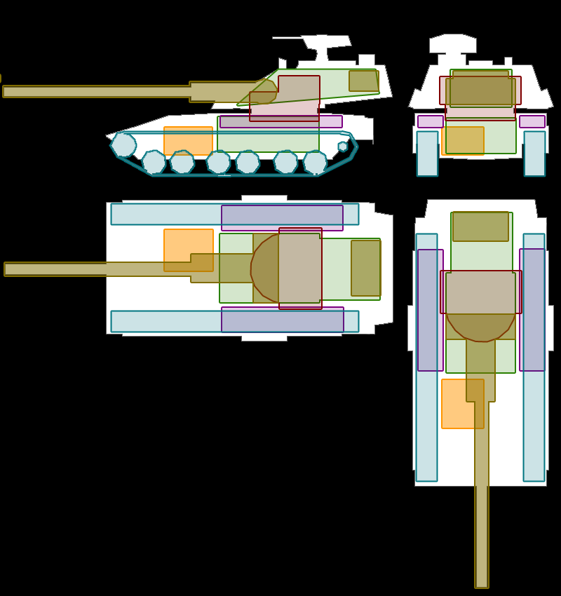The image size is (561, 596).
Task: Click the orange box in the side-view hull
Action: point(188,140)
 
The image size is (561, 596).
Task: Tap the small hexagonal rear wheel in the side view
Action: point(343,147)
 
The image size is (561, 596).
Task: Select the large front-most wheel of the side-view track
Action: point(123,145)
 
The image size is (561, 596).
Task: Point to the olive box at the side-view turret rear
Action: point(364,81)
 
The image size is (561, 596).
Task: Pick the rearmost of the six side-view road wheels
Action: point(315,162)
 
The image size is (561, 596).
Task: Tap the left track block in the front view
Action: point(427,154)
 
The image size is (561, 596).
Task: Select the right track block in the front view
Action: point(534,154)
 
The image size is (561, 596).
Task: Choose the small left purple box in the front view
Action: point(430,121)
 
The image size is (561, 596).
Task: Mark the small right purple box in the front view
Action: point(532,121)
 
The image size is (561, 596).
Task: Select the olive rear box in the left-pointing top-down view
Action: point(365,268)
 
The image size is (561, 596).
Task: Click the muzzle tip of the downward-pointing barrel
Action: point(482,585)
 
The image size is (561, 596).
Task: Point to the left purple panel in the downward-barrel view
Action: point(431,310)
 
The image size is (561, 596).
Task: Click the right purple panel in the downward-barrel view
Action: point(532,310)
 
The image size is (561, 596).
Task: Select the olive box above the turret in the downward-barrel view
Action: point(480,226)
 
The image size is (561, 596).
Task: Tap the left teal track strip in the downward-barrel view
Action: point(426,421)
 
